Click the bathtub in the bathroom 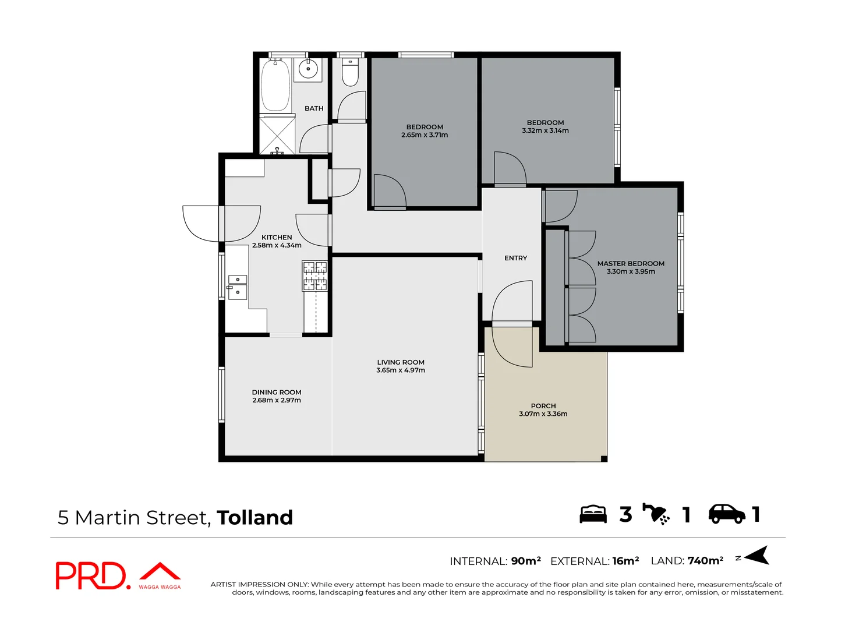pos(275,85)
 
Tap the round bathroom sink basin pos(307,69)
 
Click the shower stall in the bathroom pos(277,135)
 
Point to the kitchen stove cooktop pos(314,275)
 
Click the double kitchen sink pos(237,287)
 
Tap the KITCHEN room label pos(277,237)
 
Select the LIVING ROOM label pos(401,362)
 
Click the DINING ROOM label pos(277,392)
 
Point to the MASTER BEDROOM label pos(631,263)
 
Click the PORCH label pos(543,405)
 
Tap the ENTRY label pos(515,258)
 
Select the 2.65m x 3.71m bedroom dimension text pos(425,135)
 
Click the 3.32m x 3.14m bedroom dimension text pos(545,131)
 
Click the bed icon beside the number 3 pos(593,514)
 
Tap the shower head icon pos(656,514)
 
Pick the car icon pos(726,514)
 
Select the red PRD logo pos(91,575)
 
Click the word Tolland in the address pos(254,517)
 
